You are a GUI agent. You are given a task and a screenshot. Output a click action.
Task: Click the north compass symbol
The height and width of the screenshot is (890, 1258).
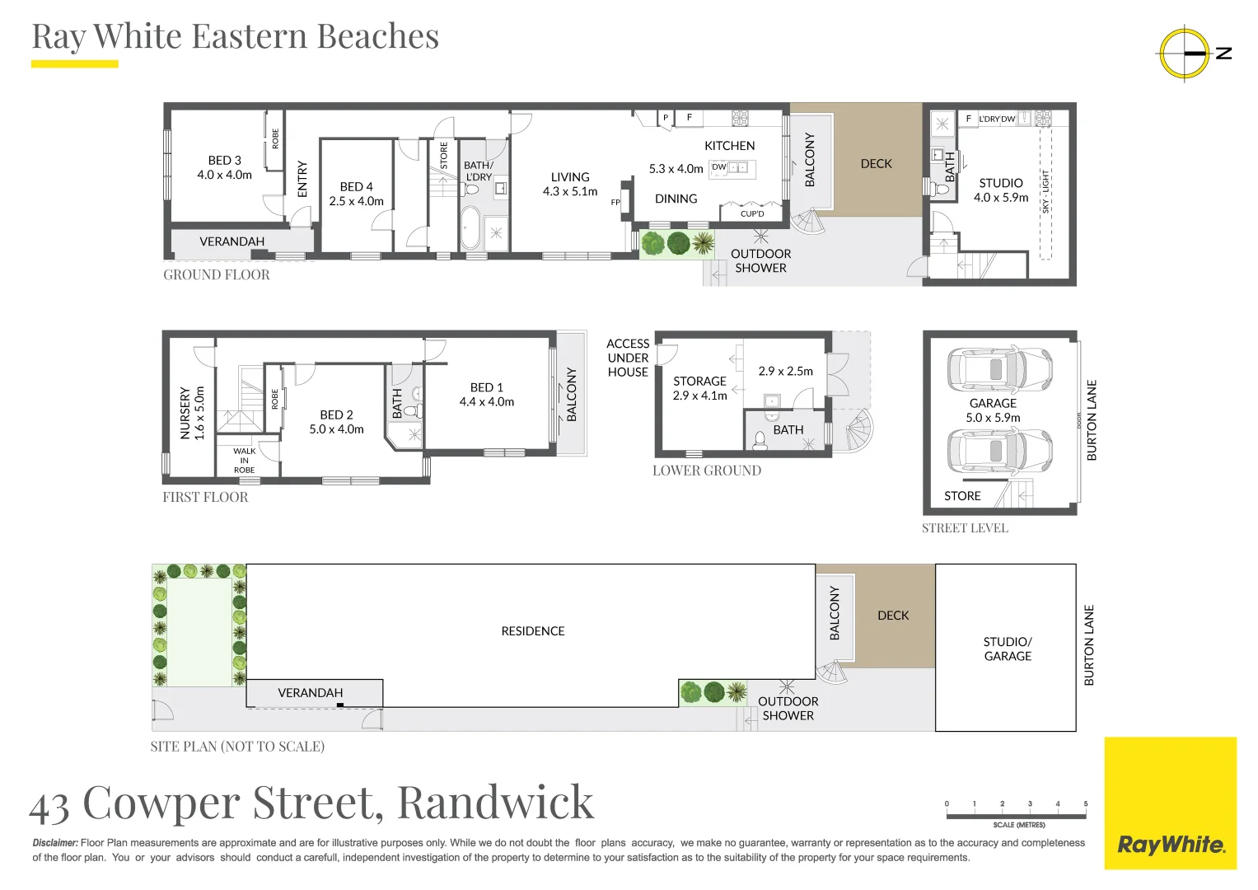(x=1185, y=54)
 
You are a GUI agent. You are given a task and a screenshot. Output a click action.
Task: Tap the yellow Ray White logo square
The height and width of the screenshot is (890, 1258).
(x=1170, y=803)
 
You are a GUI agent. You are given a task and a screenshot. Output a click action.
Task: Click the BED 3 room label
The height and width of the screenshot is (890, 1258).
(x=224, y=167)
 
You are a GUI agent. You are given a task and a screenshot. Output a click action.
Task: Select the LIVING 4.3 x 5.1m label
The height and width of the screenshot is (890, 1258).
(x=570, y=184)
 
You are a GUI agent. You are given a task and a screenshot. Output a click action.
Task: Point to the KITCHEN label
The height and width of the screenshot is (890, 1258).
(x=729, y=146)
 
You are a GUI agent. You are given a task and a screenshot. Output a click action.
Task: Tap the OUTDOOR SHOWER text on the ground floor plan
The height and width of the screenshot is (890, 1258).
(x=760, y=260)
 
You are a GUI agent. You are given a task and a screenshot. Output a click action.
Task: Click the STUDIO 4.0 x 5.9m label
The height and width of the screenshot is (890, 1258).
(x=1001, y=190)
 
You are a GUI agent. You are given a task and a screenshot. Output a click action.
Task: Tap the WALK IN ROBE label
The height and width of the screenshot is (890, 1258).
(x=244, y=461)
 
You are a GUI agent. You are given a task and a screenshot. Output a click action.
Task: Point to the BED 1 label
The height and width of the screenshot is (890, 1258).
(x=486, y=394)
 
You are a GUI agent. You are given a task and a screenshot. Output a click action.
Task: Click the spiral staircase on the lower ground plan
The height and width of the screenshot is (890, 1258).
(x=858, y=431)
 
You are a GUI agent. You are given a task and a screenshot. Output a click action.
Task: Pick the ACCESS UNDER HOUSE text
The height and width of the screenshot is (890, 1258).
(x=628, y=358)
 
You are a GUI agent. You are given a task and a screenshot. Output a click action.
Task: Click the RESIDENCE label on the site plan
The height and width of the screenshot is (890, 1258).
(x=532, y=631)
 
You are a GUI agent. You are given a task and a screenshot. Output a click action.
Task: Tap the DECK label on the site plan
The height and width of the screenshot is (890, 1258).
(x=893, y=616)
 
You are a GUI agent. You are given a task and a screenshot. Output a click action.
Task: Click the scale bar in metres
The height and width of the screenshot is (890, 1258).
(x=1016, y=815)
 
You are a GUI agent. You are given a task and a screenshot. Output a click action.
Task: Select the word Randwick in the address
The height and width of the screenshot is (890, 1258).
(x=495, y=802)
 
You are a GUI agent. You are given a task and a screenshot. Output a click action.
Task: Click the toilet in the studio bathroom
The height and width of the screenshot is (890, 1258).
(x=941, y=190)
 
